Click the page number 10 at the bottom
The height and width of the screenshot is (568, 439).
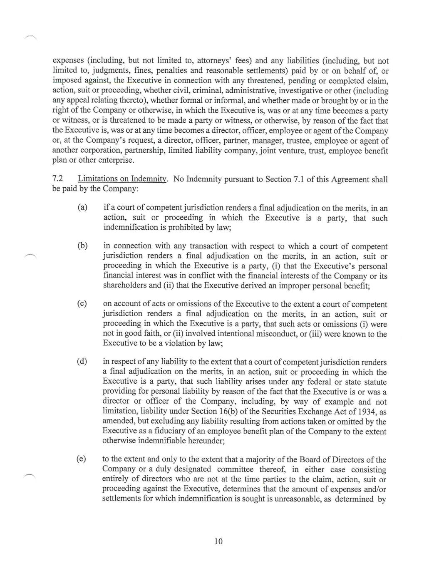point(218,541)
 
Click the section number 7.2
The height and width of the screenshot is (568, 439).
point(57,179)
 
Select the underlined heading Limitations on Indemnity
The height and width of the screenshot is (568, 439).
point(122,179)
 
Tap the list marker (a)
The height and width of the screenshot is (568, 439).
point(82,207)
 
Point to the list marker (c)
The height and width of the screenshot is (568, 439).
point(82,304)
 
